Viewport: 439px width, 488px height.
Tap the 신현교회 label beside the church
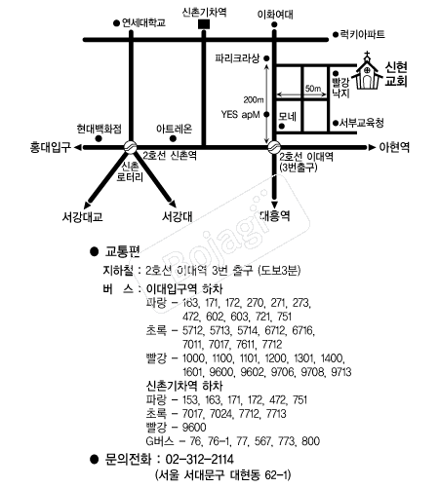click(x=396, y=74)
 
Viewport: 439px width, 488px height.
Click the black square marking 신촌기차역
click(x=204, y=24)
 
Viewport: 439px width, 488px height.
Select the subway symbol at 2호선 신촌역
click(x=131, y=147)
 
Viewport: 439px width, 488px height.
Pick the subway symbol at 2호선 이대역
click(x=274, y=147)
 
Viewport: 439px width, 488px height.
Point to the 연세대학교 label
click(x=143, y=22)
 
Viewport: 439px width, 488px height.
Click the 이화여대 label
click(x=275, y=15)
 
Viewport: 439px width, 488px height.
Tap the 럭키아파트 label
click(x=362, y=34)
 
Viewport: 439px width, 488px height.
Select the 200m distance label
click(x=254, y=99)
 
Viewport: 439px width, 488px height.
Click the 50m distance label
click(x=313, y=89)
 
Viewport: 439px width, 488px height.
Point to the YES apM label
click(x=240, y=115)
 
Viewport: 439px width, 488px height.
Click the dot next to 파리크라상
click(x=266, y=58)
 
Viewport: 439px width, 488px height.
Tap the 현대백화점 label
click(x=99, y=129)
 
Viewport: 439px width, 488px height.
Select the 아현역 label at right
click(x=394, y=147)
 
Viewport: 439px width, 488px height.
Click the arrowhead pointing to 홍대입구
click(x=78, y=148)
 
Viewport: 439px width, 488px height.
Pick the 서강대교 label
click(x=83, y=217)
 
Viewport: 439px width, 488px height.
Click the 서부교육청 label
click(x=362, y=123)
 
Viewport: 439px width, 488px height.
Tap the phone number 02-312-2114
click(x=200, y=460)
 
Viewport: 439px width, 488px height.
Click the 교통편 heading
click(x=122, y=251)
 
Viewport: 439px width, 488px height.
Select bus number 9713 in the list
click(x=341, y=372)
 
